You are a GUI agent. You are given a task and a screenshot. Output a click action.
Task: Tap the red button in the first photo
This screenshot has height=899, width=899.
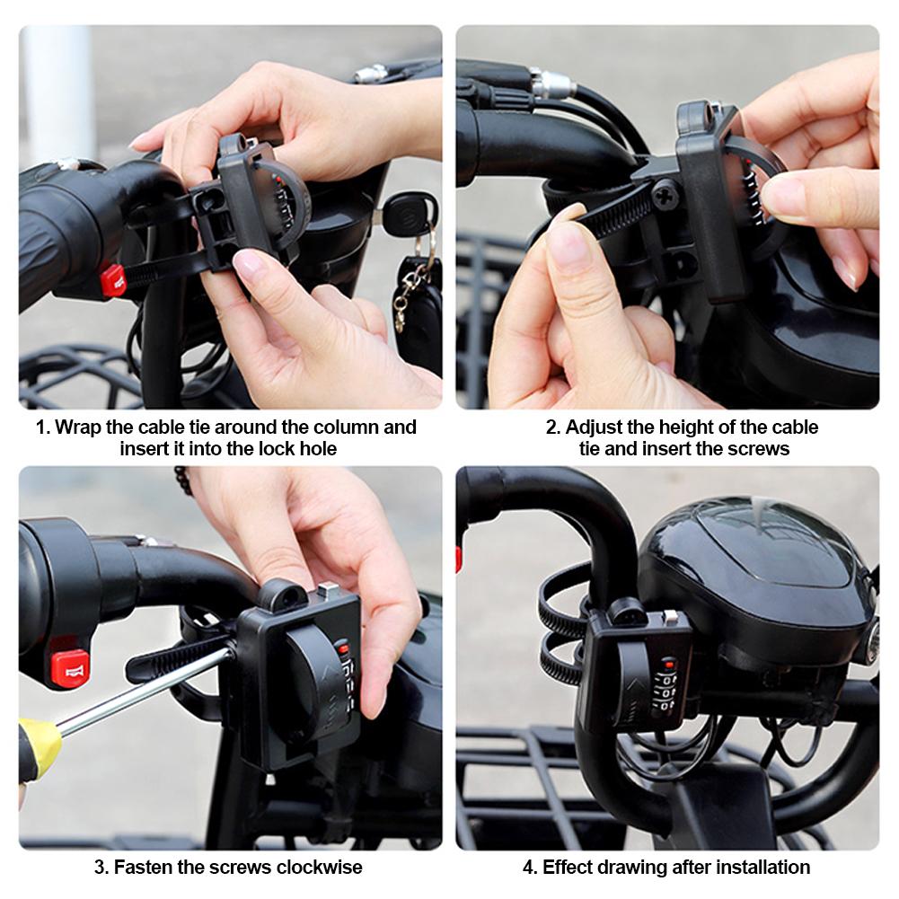click(113, 279)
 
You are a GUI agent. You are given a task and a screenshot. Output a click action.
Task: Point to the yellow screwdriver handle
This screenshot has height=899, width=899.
click(39, 745)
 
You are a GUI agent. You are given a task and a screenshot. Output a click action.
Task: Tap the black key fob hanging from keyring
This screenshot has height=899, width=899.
click(420, 310)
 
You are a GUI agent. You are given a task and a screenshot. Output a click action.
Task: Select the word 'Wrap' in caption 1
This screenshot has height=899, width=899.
click(76, 427)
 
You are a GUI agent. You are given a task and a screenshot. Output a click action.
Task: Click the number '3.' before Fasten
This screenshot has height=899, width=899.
click(101, 868)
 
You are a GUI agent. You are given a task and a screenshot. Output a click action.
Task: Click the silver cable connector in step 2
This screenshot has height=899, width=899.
click(551, 84)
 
